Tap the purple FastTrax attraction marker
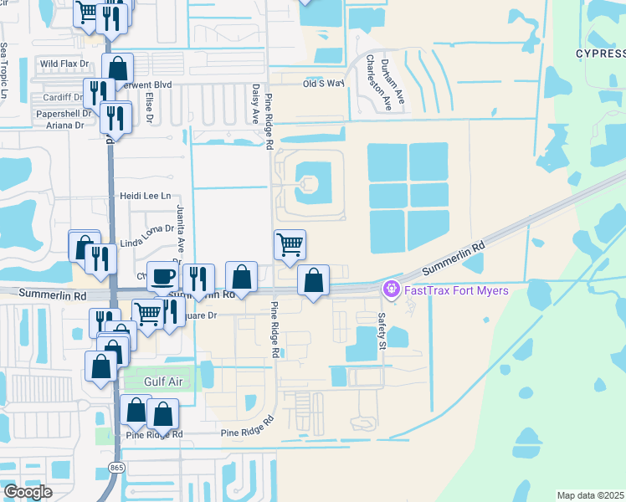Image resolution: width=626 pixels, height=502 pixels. [x=390, y=289]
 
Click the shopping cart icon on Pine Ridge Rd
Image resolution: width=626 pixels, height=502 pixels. [x=289, y=244]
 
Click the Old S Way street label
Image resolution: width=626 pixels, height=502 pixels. [x=323, y=84]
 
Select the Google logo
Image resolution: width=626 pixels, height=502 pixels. [x=28, y=492]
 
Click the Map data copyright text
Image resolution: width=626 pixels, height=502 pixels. [x=591, y=495]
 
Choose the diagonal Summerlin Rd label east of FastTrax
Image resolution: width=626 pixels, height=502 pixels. [x=454, y=259]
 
